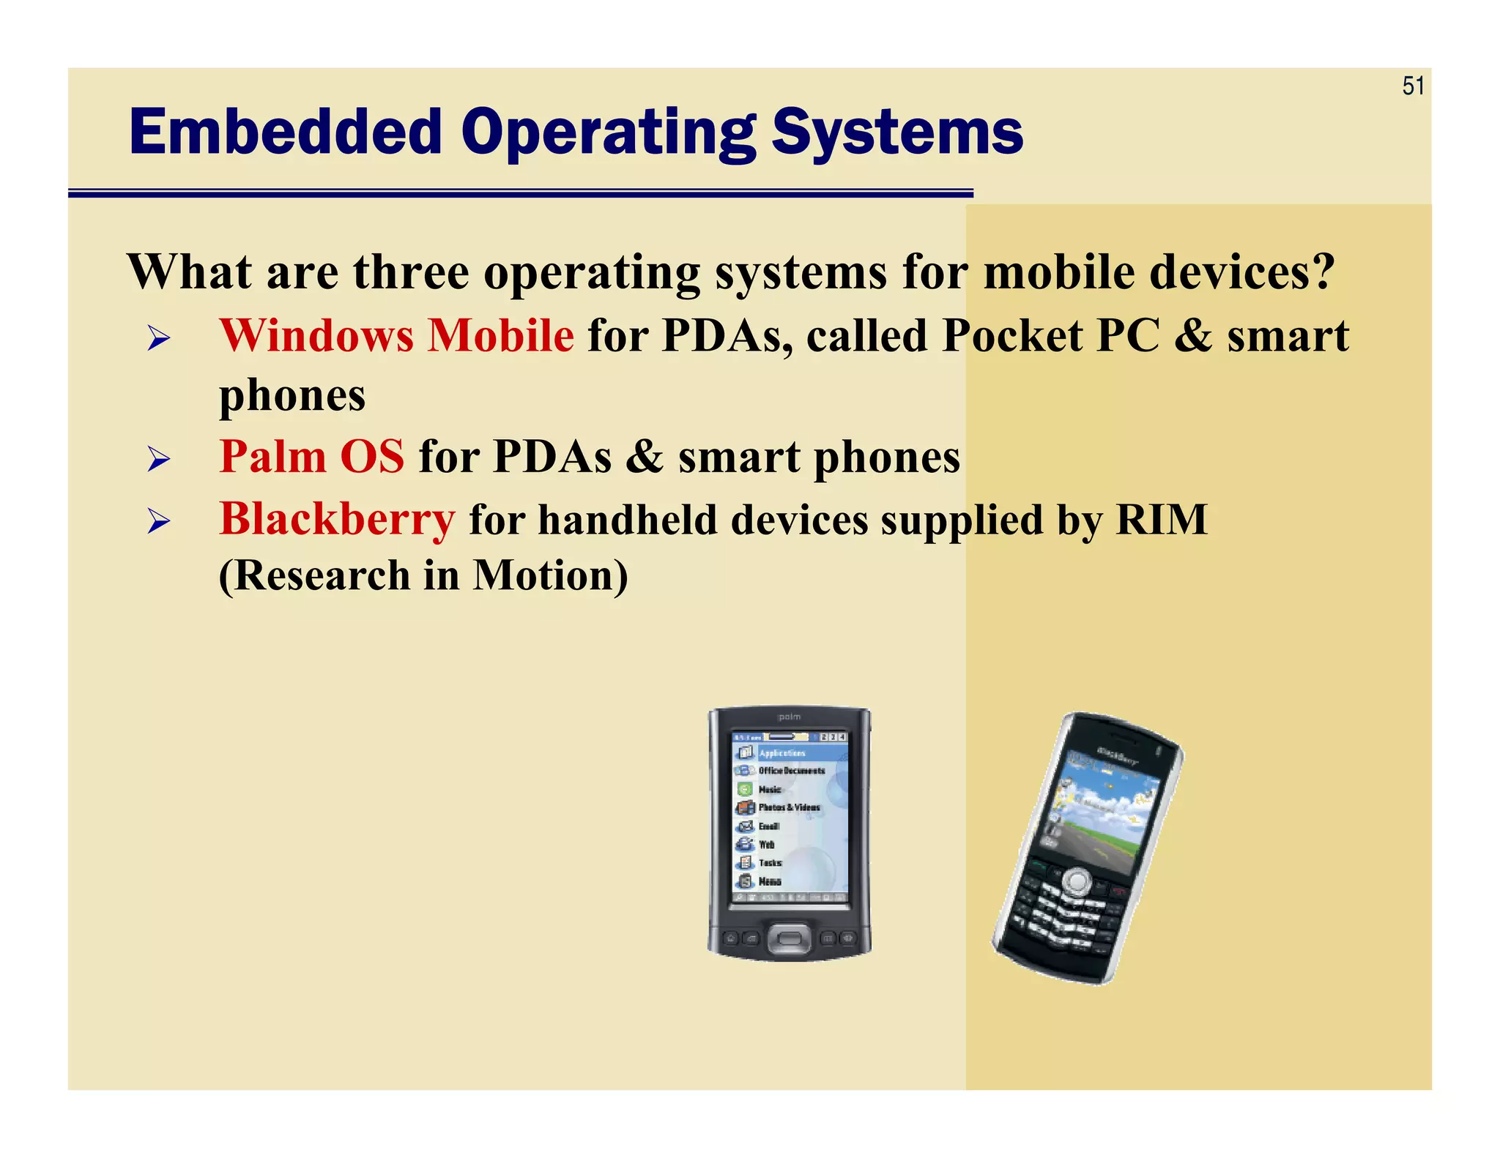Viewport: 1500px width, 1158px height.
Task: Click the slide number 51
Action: [1413, 86]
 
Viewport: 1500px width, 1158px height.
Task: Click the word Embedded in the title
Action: [286, 132]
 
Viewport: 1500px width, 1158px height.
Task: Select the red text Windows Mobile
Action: [396, 336]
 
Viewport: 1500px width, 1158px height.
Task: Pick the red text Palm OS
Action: [311, 457]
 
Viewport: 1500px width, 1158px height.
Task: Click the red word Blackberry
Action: [337, 520]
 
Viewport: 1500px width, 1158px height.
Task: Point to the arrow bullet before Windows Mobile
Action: [158, 338]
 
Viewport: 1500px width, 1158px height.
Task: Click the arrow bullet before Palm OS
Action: [158, 459]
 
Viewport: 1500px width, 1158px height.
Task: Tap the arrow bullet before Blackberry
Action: [158, 522]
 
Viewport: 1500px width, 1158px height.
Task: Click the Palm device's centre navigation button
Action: [789, 938]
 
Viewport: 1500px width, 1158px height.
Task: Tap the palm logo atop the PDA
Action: [789, 717]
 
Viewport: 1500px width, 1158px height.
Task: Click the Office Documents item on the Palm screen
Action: [791, 771]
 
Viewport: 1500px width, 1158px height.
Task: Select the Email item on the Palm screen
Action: [768, 826]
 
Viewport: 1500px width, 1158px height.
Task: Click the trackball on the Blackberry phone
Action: [1074, 881]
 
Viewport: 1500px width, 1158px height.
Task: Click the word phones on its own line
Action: [292, 396]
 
